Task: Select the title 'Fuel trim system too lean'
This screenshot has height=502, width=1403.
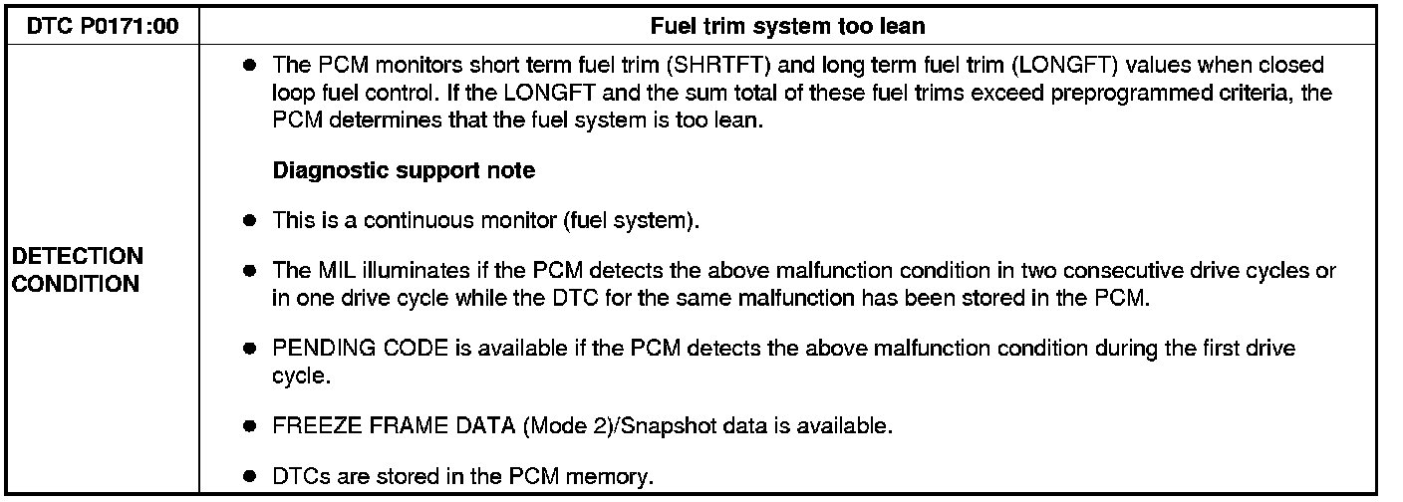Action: pyautogui.click(x=787, y=27)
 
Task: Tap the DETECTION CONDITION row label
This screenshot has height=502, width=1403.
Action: pyautogui.click(x=77, y=270)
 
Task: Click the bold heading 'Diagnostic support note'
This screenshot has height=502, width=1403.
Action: pyautogui.click(x=404, y=170)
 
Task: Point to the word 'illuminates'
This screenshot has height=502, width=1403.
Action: pyautogui.click(x=399, y=271)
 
